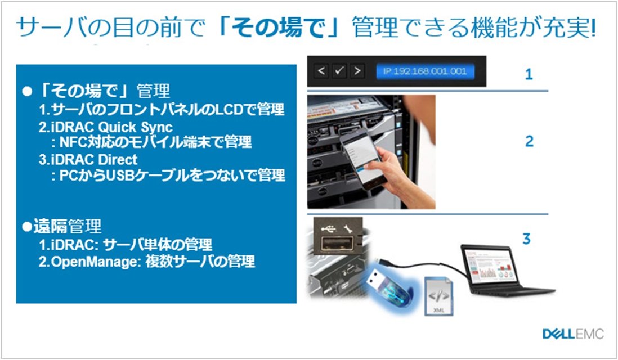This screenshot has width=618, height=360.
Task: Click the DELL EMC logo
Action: tap(573, 334)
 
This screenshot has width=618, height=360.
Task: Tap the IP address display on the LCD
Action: tap(425, 71)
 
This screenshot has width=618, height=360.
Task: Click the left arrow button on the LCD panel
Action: tap(321, 71)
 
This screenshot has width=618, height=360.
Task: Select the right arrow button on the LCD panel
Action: tap(357, 71)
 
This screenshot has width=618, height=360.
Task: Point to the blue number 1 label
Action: tap(529, 74)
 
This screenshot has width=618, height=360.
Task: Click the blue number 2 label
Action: tap(529, 141)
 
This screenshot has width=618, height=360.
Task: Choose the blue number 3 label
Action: tap(527, 238)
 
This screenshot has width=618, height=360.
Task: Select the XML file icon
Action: tap(438, 296)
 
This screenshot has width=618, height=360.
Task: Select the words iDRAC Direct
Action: tap(94, 160)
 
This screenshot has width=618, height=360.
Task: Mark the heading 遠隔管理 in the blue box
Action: tap(68, 226)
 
